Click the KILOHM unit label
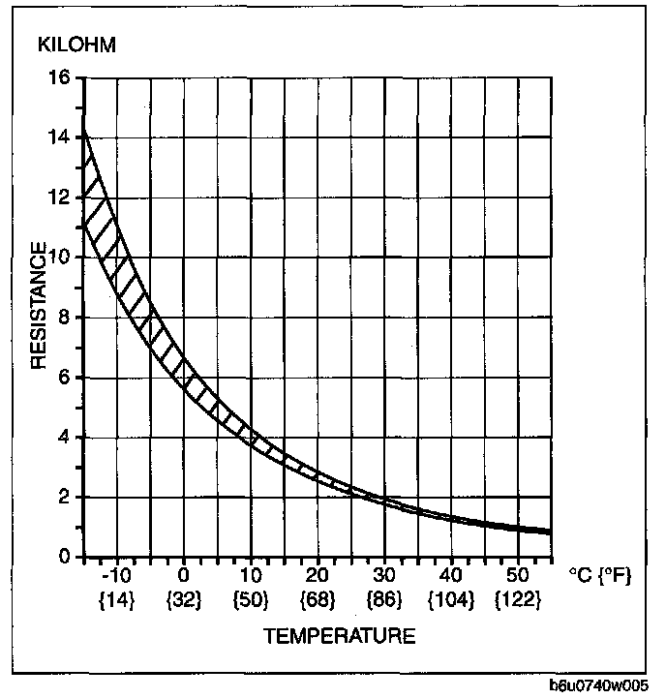[x=76, y=46]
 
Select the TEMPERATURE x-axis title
[x=339, y=636]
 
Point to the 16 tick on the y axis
[x=58, y=77]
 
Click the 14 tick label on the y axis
[x=58, y=137]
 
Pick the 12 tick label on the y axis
[x=58, y=198]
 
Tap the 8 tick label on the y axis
[x=64, y=318]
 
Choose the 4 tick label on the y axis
[x=64, y=438]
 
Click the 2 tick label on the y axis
[x=64, y=498]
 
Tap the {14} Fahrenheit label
[x=117, y=600]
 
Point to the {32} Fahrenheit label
[x=184, y=600]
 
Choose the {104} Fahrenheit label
[x=452, y=600]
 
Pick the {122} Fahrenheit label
[x=519, y=600]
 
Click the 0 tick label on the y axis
[x=64, y=558]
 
